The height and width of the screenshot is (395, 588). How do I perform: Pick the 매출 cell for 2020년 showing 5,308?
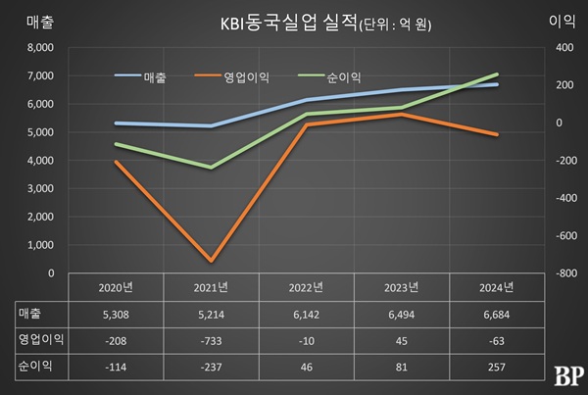[x=116, y=314]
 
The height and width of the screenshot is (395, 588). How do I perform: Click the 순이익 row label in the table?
[x=35, y=365]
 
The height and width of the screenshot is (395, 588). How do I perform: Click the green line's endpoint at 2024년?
[x=497, y=74]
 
